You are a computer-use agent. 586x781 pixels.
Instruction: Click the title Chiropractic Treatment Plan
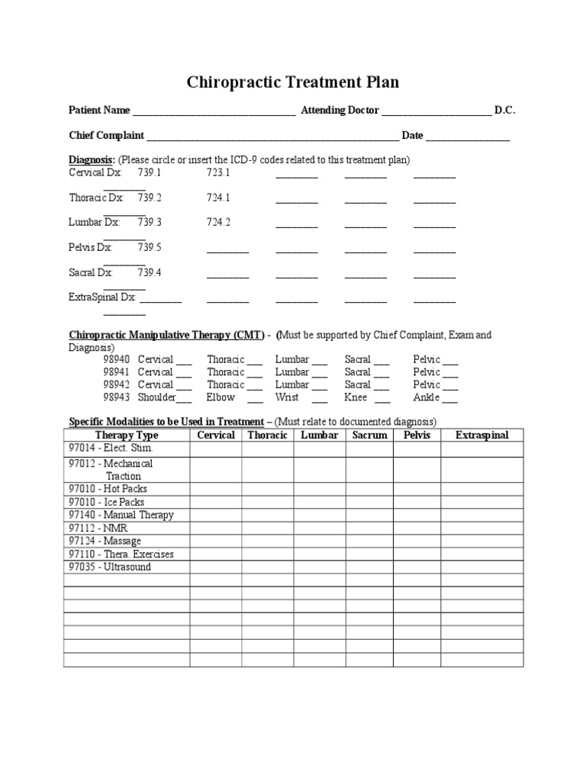tap(293, 82)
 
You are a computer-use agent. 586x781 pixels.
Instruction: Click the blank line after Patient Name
tap(214, 111)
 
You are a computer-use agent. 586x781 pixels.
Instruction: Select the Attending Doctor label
tap(340, 111)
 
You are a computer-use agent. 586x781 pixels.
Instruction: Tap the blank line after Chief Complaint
tap(272, 137)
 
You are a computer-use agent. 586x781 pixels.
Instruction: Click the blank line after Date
tap(468, 137)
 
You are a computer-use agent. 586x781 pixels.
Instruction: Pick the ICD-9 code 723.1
tap(218, 173)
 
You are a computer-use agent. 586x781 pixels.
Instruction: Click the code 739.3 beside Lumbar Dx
tap(150, 223)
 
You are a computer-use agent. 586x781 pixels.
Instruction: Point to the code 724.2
tap(218, 223)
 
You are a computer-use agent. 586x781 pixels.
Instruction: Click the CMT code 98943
tap(117, 397)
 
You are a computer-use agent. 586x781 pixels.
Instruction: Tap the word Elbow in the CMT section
tap(221, 397)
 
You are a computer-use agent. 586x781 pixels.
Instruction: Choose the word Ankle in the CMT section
tap(427, 397)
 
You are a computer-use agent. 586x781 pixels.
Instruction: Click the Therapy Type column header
tap(127, 435)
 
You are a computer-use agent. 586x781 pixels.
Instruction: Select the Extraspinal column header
tap(481, 435)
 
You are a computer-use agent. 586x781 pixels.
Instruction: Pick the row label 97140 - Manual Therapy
tap(121, 515)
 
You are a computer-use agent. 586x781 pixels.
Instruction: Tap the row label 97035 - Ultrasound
tap(110, 567)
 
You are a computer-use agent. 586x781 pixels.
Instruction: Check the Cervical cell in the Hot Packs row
tap(216, 489)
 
